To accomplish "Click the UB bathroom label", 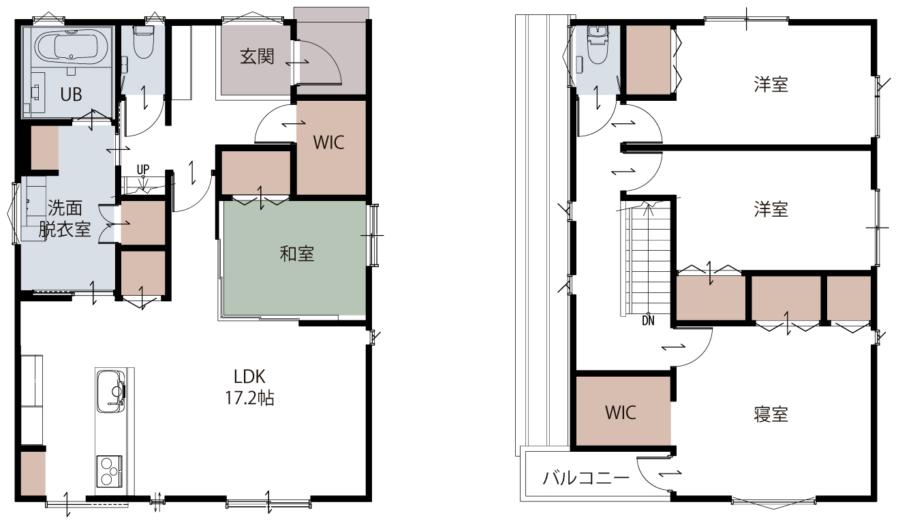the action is tap(71, 95).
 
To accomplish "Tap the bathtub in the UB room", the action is tap(72, 46).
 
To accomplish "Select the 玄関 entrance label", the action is tap(257, 57).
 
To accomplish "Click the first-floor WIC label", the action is tap(328, 142).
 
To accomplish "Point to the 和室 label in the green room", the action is tap(296, 253).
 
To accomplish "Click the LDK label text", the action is tap(249, 376).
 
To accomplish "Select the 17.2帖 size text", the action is tap(249, 398).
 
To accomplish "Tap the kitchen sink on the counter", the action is tap(110, 391).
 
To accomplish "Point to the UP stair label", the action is tap(142, 170).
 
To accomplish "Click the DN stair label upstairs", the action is tap(648, 321).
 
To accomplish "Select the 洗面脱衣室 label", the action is tap(65, 219).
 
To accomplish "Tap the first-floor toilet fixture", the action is tap(144, 42).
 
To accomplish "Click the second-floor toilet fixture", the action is tap(598, 44).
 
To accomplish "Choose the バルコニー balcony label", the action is tap(586, 478).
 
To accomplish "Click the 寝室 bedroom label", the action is tap(771, 414).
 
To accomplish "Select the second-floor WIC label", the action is tap(620, 412).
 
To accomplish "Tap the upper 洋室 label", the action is tap(771, 84).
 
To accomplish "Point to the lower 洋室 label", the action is tap(771, 209).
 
